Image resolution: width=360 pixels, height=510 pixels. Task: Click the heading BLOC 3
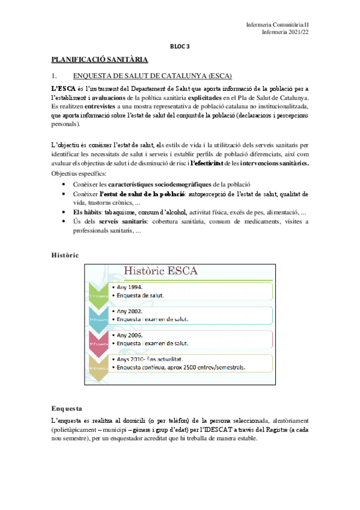[180, 46]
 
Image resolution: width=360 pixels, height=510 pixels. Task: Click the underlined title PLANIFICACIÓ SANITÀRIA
[99, 60]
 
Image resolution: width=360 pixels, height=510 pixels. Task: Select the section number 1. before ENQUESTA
[54, 76]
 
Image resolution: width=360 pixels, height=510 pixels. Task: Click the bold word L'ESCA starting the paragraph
[64, 88]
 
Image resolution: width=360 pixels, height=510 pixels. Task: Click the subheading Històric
[65, 256]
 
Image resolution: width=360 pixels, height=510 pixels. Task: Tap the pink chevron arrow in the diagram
[99, 341]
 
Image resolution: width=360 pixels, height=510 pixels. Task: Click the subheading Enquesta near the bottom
[67, 408]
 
